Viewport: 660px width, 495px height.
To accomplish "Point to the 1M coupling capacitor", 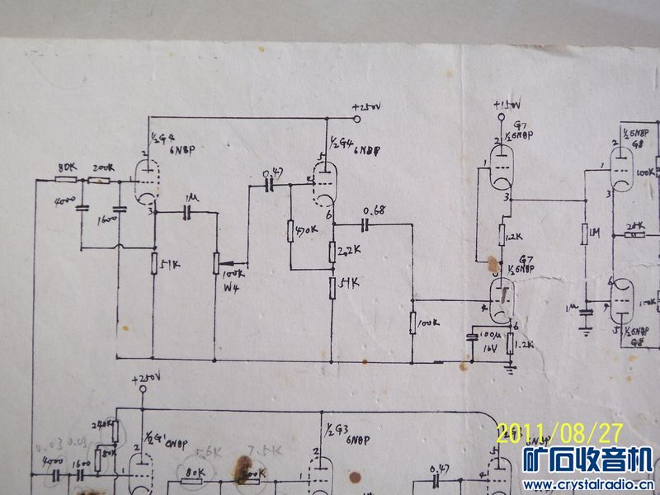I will [x=189, y=212].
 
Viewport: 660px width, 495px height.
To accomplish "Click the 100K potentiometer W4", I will [x=215, y=262].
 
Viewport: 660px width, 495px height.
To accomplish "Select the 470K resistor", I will [x=291, y=230].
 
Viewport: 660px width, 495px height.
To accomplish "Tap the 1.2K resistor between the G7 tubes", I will [x=502, y=235].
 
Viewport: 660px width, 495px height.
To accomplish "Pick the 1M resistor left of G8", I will [x=584, y=235].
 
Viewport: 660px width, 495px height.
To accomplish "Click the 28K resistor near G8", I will [x=634, y=235].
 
